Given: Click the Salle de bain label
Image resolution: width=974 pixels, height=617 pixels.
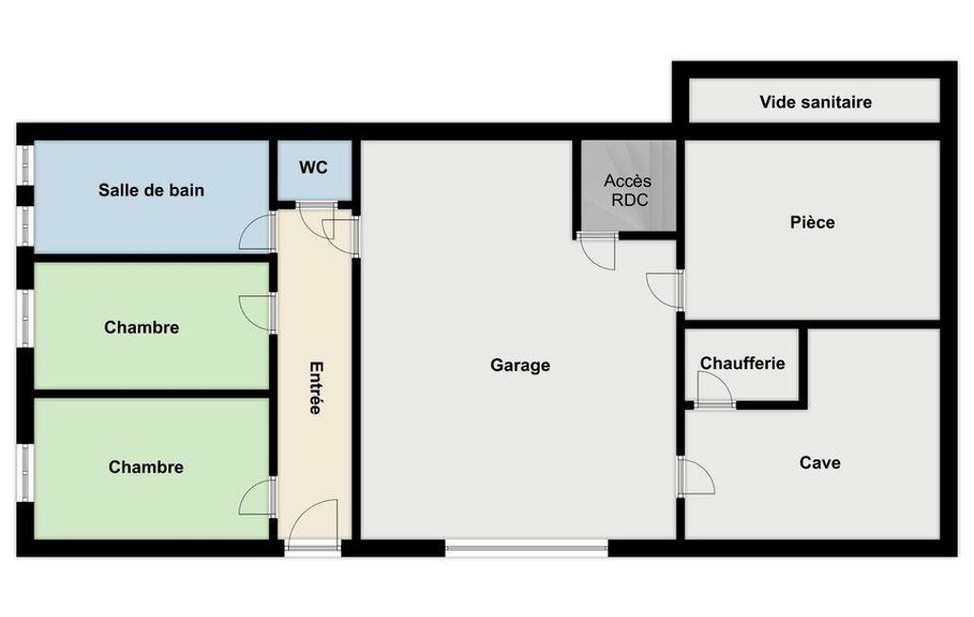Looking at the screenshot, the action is pyautogui.click(x=151, y=190).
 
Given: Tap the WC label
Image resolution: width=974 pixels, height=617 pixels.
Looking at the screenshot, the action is pyautogui.click(x=313, y=168).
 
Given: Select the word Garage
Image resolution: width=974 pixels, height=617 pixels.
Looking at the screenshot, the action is pyautogui.click(x=520, y=365).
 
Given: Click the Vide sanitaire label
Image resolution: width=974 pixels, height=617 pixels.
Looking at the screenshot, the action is pyautogui.click(x=815, y=102).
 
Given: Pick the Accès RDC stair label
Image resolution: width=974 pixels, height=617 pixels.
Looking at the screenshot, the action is pyautogui.click(x=628, y=190).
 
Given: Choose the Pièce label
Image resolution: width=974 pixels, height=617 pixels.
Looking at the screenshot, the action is pyautogui.click(x=812, y=222).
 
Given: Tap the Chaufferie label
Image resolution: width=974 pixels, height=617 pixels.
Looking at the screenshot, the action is pyautogui.click(x=742, y=364).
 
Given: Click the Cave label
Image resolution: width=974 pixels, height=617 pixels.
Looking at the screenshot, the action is pyautogui.click(x=820, y=462).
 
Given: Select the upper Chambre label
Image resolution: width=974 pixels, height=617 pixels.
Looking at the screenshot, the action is pyautogui.click(x=142, y=327).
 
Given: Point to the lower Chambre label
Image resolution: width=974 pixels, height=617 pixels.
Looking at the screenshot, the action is pyautogui.click(x=146, y=467).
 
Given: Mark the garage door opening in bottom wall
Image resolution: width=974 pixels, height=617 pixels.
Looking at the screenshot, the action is pyautogui.click(x=526, y=547).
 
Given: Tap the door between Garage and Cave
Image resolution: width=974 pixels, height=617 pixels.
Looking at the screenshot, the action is pyautogui.click(x=697, y=477).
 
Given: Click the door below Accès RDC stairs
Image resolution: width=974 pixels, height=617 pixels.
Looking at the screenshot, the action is pyautogui.click(x=597, y=251).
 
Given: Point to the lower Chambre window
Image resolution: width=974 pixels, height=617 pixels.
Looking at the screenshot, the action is pyautogui.click(x=25, y=473).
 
